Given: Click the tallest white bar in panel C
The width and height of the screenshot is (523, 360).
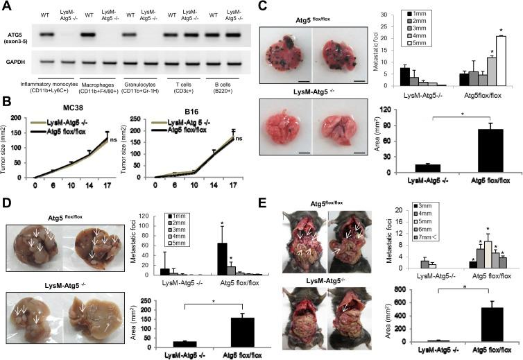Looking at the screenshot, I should (x=501, y=61).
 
